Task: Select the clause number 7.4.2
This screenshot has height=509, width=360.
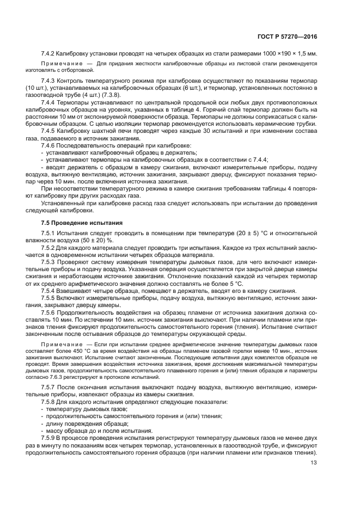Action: coord(49,54)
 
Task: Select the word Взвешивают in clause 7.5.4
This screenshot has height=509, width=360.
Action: coord(77,291)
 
